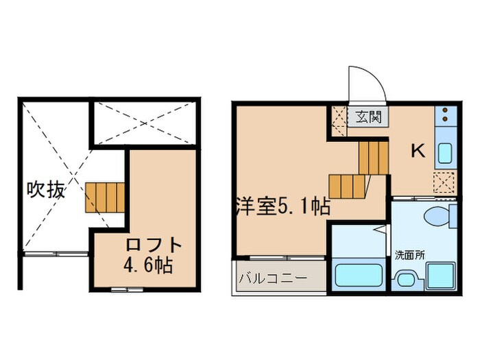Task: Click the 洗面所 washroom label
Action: tap(409, 254)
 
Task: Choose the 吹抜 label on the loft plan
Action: tap(46, 189)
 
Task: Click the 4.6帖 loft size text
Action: tap(147, 265)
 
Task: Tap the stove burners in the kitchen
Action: tap(444, 116)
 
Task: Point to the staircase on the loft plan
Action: tap(105, 197)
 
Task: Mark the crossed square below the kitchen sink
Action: tap(444, 182)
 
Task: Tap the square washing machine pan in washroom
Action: tap(439, 276)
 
